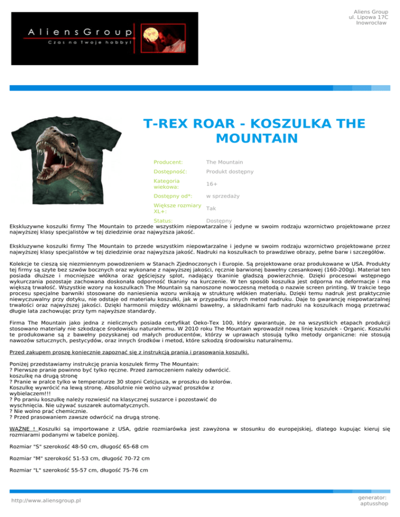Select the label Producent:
(x=168, y=163)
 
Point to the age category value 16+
(x=212, y=184)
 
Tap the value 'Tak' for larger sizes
(x=211, y=208)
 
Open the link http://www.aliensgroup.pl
(x=46, y=500)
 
